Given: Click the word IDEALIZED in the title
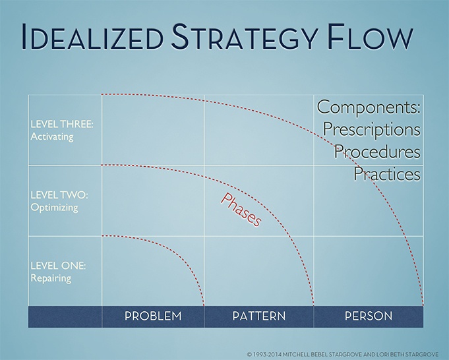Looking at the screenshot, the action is pyautogui.click(x=92, y=36).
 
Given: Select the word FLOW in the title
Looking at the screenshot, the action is pyautogui.click(x=370, y=36).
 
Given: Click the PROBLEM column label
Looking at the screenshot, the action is pyautogui.click(x=153, y=316).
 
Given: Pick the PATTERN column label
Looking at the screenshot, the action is pyautogui.click(x=259, y=316).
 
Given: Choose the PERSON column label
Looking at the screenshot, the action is pyautogui.click(x=369, y=316).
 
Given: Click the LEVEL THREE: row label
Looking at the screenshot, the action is pyautogui.click(x=62, y=125).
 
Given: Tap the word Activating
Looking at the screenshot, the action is pyautogui.click(x=52, y=137).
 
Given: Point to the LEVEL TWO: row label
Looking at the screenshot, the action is pyautogui.click(x=59, y=195).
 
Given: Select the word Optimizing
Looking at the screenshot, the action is pyautogui.click(x=55, y=208).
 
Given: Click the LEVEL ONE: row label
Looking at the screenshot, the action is pyautogui.click(x=58, y=266).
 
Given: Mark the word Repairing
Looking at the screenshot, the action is pyautogui.click(x=51, y=278).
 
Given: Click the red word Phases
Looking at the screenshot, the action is pyautogui.click(x=241, y=210).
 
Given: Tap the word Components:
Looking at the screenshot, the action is pyautogui.click(x=369, y=107).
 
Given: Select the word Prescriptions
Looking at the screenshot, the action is pyautogui.click(x=372, y=129).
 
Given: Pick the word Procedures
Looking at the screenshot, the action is pyautogui.click(x=377, y=151).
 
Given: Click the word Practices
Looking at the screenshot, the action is pyautogui.click(x=387, y=173).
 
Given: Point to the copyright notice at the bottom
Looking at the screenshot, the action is pyautogui.click(x=342, y=354).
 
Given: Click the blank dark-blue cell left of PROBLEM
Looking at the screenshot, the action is pyautogui.click(x=65, y=316).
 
